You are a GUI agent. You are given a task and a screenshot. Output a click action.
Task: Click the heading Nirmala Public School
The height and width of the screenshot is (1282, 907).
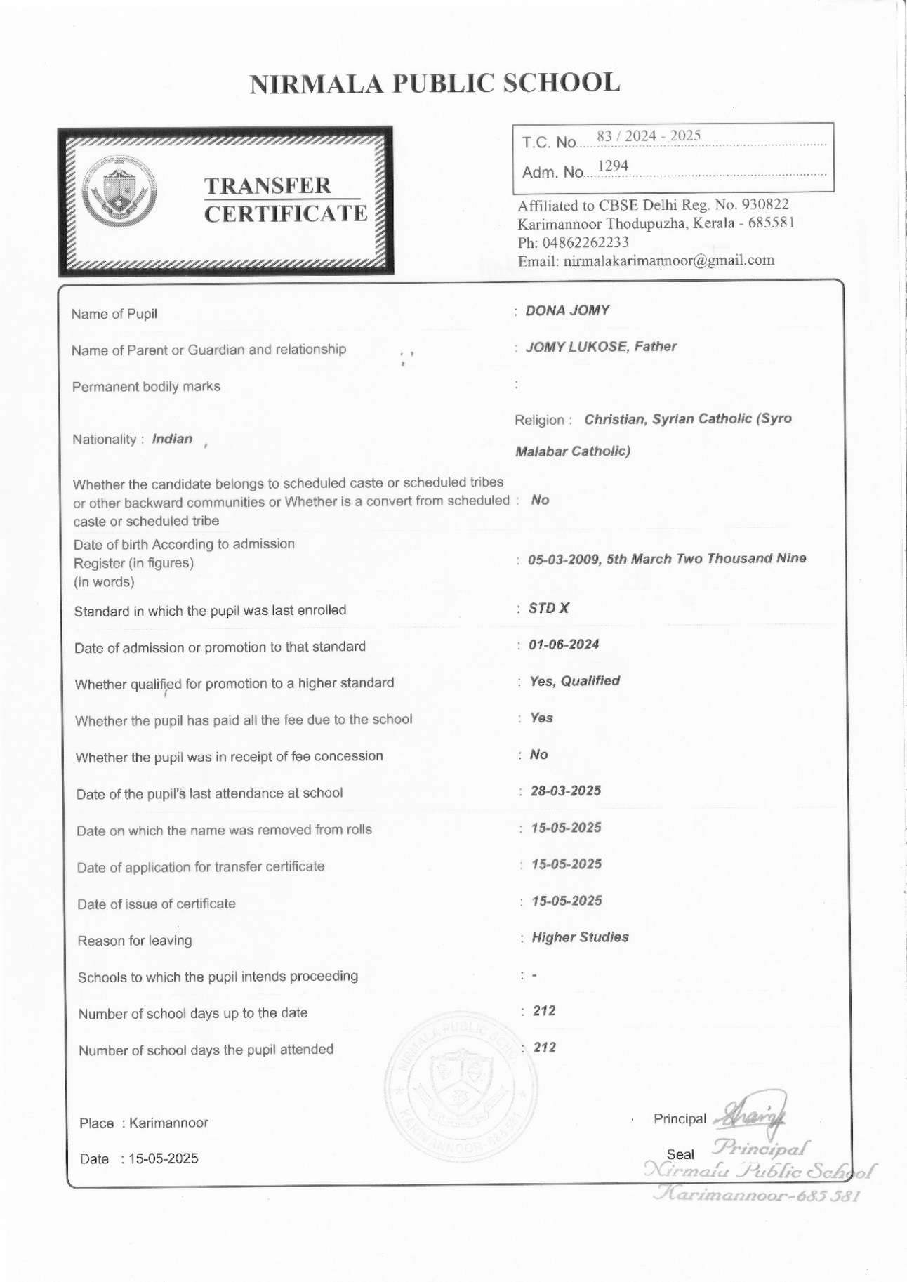pos(435,83)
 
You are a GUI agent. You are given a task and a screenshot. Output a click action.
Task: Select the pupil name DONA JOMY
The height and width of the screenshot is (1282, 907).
pos(567,310)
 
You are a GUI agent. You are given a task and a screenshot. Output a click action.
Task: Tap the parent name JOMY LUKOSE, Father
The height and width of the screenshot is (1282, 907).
pos(601,346)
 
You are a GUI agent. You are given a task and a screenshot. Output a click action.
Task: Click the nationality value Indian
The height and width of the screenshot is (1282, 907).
pos(172,439)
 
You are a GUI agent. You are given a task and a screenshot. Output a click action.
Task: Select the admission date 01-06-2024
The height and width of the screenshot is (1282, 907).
pos(564,645)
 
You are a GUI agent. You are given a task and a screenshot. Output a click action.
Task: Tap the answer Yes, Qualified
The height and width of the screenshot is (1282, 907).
pos(575,680)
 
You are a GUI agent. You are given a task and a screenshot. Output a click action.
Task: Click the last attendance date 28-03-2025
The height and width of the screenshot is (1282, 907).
pos(566,791)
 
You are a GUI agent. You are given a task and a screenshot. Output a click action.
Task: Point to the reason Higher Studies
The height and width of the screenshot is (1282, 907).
pos(580,937)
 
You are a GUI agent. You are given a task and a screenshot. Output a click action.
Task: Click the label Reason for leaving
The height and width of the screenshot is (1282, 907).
pos(135,940)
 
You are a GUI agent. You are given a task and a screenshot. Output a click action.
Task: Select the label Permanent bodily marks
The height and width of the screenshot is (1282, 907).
pos(146,386)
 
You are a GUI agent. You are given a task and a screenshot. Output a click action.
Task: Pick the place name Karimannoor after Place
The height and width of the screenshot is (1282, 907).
pos(169,1123)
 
